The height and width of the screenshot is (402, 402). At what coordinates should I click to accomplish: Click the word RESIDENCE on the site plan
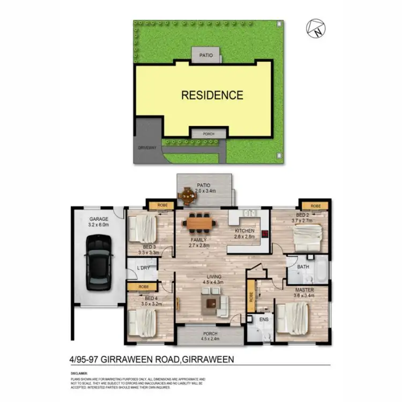tap(212, 95)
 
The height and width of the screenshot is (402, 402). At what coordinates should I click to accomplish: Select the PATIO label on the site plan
tap(206, 55)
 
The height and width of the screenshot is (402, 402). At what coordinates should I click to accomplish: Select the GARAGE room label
tap(99, 219)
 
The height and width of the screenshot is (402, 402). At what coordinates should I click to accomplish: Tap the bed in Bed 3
tap(143, 228)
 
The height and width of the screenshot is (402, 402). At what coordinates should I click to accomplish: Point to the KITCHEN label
tap(244, 232)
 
